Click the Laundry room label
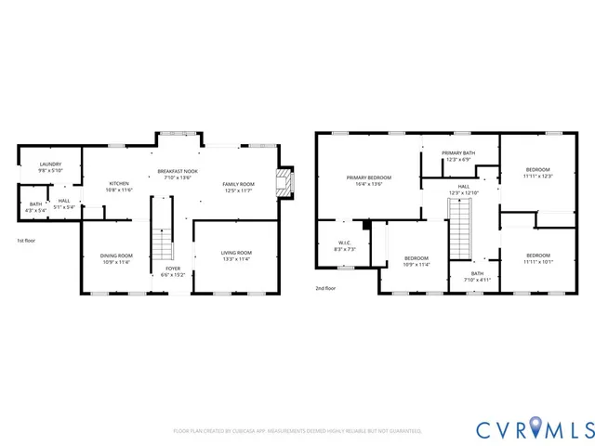pyautogui.click(x=49, y=166)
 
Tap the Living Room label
pyautogui.click(x=236, y=256)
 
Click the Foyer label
pyautogui.click(x=173, y=271)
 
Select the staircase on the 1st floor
pyautogui.click(x=163, y=242)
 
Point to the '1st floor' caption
pyautogui.click(x=27, y=242)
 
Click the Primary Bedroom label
pyautogui.click(x=369, y=180)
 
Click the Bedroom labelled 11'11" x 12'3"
pyautogui.click(x=537, y=173)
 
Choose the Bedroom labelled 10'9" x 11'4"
pyautogui.click(x=416, y=261)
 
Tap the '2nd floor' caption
pyautogui.click(x=324, y=288)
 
